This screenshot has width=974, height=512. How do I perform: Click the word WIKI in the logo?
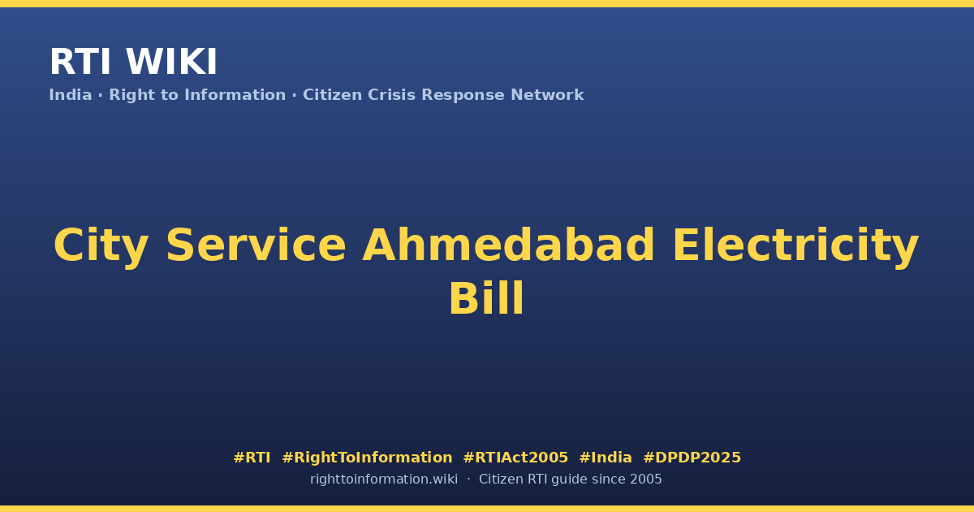point(171,62)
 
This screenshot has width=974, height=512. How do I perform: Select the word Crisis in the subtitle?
point(391,94)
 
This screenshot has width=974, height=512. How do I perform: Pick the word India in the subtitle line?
point(71,94)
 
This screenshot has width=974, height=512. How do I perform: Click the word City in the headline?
point(101,246)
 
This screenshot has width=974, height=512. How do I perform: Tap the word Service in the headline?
point(256,245)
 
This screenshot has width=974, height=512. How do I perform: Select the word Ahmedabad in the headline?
point(508,245)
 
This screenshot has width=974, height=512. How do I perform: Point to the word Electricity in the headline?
point(795,246)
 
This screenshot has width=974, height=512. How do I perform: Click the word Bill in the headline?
point(486,298)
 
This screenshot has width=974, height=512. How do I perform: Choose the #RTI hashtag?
point(252,457)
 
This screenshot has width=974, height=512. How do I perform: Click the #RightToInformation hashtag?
point(367,457)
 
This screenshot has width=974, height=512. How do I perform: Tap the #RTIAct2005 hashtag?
point(515,457)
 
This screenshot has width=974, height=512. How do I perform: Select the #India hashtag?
point(606,457)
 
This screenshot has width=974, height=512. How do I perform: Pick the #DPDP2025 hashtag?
point(692,457)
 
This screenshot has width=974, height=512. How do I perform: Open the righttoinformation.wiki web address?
point(383,479)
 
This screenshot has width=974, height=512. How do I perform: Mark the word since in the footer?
point(609,479)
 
